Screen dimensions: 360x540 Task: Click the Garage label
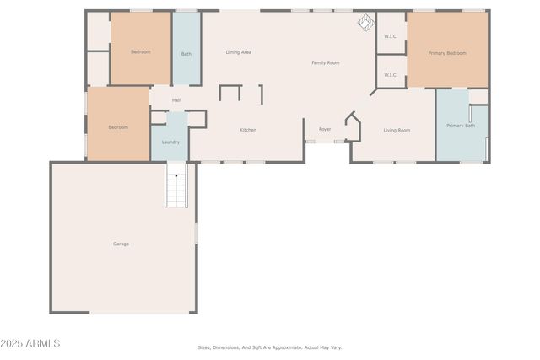121,244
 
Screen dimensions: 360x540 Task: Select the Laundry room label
170,142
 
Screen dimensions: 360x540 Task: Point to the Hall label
176,100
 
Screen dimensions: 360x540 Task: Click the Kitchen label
248,130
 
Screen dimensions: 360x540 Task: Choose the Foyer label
325,130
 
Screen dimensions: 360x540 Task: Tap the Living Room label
397,130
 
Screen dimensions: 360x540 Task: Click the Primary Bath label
461,126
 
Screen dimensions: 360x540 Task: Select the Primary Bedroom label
447,53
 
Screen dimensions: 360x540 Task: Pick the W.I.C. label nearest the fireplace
391,36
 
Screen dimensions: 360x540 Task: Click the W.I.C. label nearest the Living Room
391,75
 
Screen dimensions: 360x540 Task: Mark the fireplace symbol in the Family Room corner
364,23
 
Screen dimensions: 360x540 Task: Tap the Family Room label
326,62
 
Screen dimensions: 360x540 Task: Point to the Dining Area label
239,52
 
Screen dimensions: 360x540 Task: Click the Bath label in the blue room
186,54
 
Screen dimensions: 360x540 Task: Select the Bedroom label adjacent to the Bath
140,52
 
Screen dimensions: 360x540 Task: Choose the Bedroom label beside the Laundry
118,127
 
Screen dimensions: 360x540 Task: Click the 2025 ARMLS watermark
31,343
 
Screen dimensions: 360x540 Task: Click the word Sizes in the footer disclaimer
203,347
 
